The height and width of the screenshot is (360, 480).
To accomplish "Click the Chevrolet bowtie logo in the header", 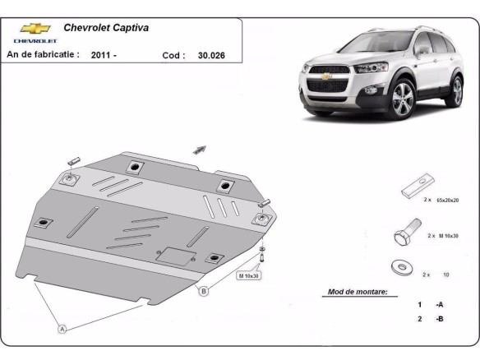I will (x=35, y=28).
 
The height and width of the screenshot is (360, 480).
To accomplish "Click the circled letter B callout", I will (x=203, y=289).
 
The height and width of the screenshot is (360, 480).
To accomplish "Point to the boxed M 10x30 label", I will (x=249, y=275).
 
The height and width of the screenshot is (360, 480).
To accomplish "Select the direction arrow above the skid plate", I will (x=199, y=149).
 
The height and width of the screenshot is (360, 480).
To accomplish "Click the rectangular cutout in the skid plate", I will (x=173, y=256).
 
